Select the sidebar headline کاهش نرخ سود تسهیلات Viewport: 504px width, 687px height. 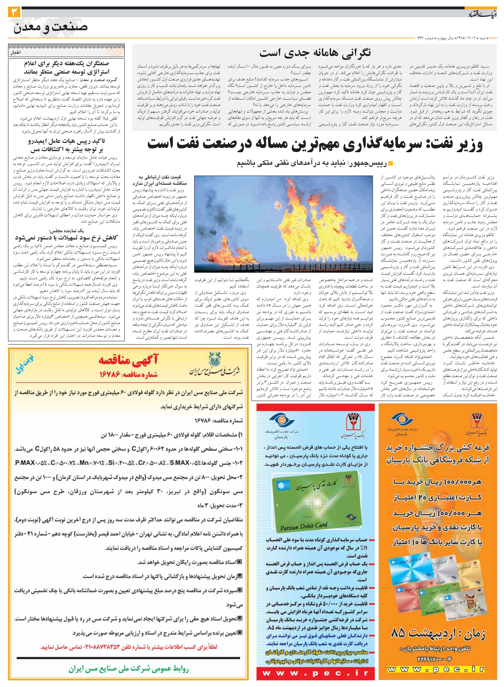point(66,238)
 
